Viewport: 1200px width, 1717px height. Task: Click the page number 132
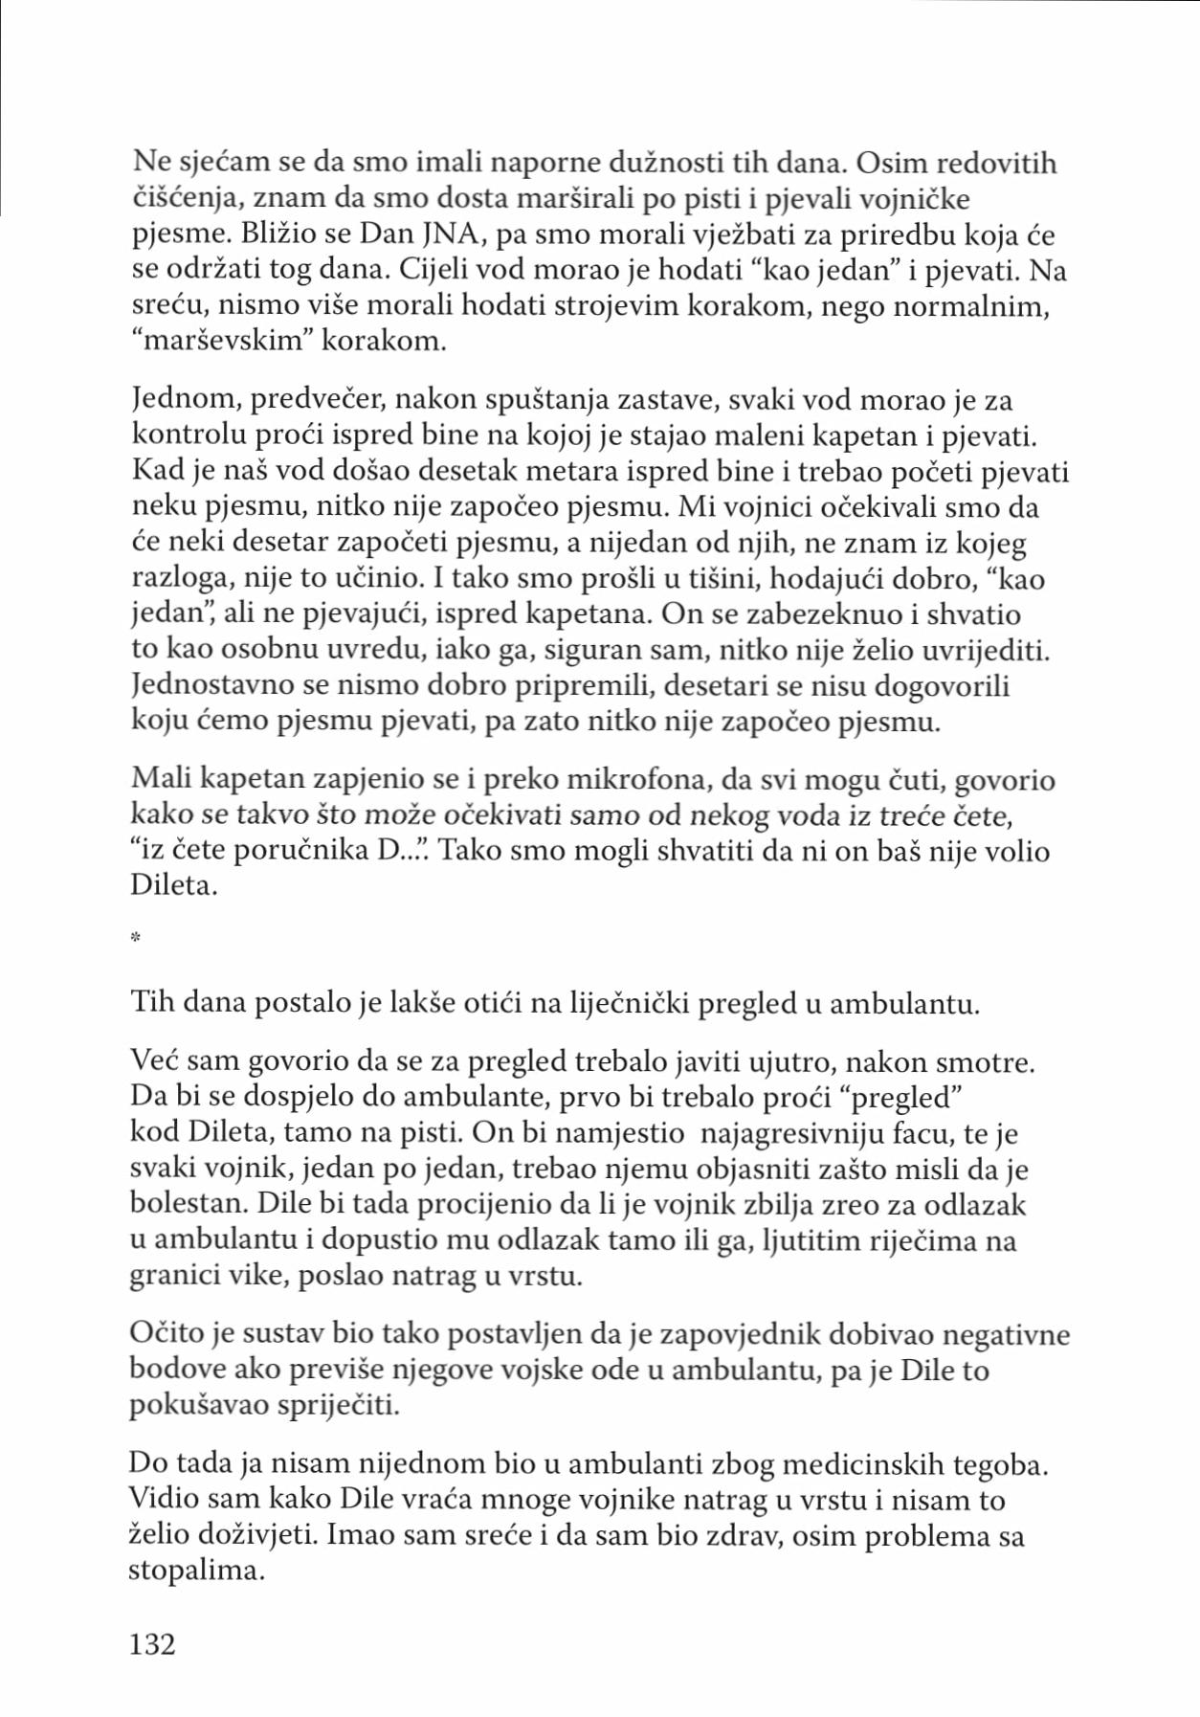152,1644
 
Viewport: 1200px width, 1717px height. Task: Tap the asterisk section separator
136,939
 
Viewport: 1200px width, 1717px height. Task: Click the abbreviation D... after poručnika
397,851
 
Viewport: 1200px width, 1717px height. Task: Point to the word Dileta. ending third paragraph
173,885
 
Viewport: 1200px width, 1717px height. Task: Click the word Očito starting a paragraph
169,1334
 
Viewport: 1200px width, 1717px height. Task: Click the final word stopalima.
196,1572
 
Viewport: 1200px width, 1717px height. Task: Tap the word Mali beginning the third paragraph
161,780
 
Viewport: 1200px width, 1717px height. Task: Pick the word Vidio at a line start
163,1501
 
